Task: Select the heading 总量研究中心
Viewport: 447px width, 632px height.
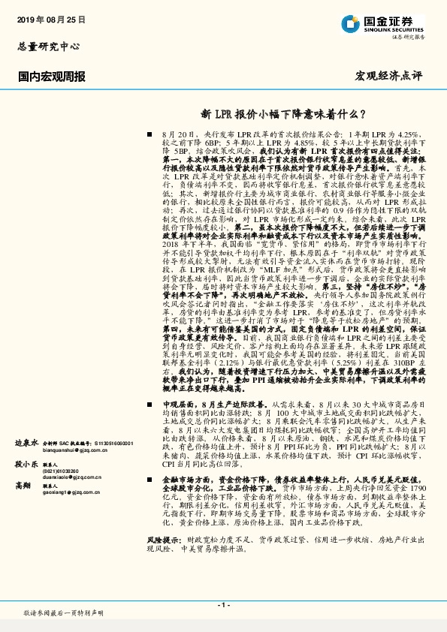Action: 48,47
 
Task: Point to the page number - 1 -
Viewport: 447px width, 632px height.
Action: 223,604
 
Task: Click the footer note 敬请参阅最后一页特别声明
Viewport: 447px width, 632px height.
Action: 63,612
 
